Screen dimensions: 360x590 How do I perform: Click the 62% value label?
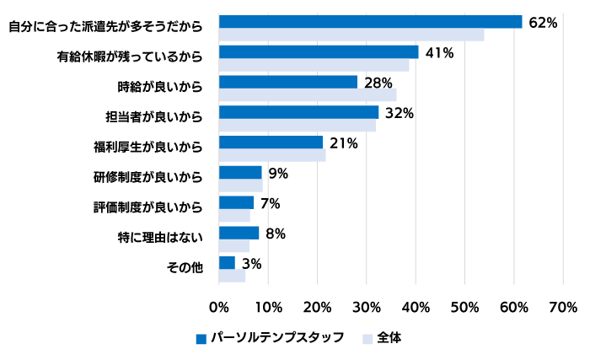[542, 23]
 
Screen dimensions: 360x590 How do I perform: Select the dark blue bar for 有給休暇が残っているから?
[318, 52]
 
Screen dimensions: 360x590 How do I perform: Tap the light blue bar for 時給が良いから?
[307, 95]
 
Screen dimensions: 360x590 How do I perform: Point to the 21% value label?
[344, 143]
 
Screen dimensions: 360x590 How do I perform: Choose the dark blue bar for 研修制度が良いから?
[240, 172]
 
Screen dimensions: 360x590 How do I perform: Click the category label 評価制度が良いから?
[148, 207]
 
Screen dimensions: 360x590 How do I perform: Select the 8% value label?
[276, 234]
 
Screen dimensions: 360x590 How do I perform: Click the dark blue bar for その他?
[227, 263]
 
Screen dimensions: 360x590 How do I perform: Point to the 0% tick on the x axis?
[218, 309]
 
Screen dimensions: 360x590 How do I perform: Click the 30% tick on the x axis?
[367, 309]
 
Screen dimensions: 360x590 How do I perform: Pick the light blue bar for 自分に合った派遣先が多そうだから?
[351, 35]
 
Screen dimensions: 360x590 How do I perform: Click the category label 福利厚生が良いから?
[148, 147]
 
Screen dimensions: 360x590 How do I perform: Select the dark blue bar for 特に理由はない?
[239, 233]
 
